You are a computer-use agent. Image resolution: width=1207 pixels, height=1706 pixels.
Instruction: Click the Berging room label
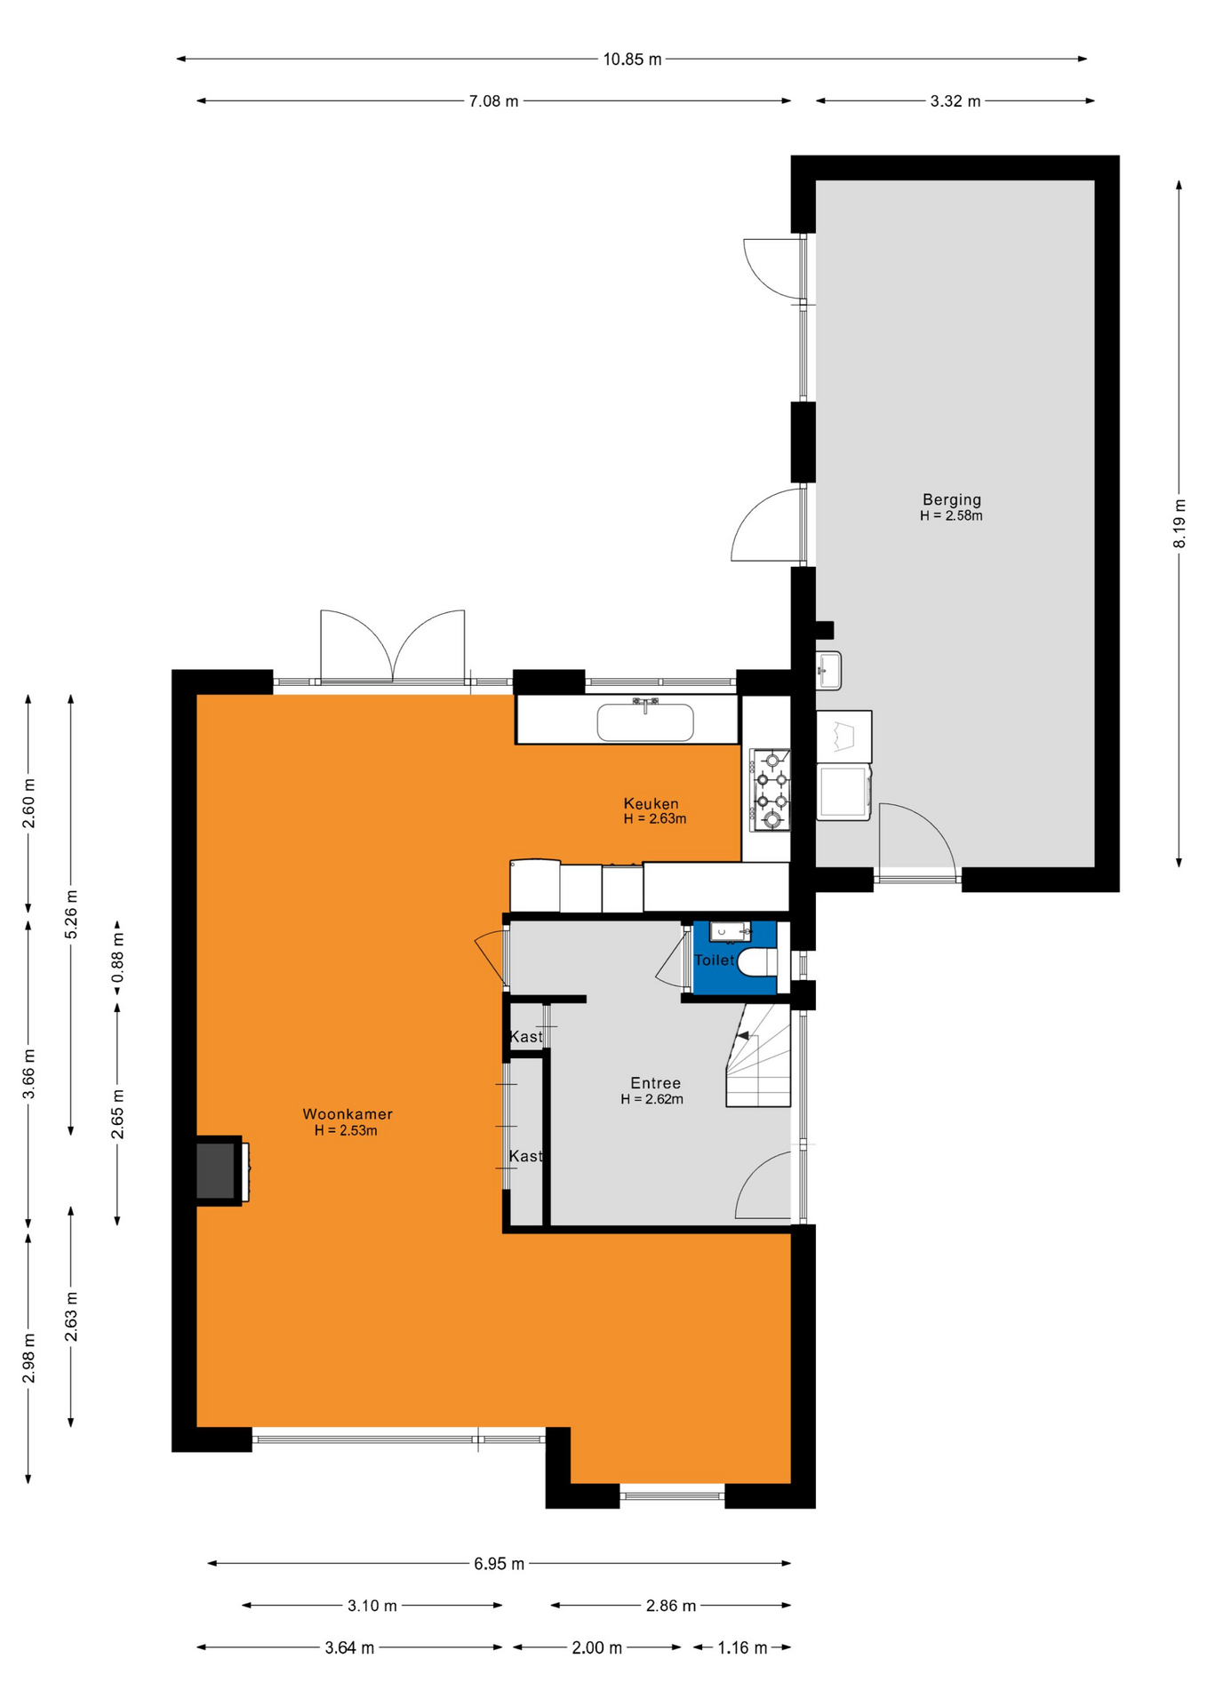(x=951, y=499)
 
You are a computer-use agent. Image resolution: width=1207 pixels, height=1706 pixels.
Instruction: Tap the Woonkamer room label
(x=348, y=1114)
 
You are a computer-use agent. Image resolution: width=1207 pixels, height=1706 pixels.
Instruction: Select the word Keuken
(x=651, y=804)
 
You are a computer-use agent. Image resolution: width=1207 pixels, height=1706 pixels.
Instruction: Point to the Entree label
(x=656, y=1083)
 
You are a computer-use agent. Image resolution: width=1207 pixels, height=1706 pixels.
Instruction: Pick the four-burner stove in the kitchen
(x=771, y=789)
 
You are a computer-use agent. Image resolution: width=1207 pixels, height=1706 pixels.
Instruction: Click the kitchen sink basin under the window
(x=645, y=722)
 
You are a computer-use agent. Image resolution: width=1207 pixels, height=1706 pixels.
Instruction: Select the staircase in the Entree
(x=758, y=1055)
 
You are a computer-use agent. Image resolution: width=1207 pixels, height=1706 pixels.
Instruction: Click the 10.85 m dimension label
(x=632, y=60)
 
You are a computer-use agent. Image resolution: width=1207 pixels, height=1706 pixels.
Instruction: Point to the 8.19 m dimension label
(x=1179, y=523)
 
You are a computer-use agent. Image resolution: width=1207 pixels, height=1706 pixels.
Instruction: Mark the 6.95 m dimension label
(x=499, y=1564)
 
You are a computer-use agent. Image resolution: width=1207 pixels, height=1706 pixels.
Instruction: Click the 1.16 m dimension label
(x=742, y=1648)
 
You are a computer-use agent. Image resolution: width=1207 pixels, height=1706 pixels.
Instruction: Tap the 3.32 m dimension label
(x=955, y=101)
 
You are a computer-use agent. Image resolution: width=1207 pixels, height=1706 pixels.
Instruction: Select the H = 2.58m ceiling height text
(x=951, y=515)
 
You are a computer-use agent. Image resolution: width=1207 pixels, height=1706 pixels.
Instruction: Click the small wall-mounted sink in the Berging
(x=828, y=670)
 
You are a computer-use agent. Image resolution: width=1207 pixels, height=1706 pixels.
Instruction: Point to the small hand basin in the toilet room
(x=730, y=932)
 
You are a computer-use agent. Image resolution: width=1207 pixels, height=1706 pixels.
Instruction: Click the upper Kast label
(x=525, y=1037)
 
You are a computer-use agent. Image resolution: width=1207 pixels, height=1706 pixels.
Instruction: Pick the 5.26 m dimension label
(x=72, y=914)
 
